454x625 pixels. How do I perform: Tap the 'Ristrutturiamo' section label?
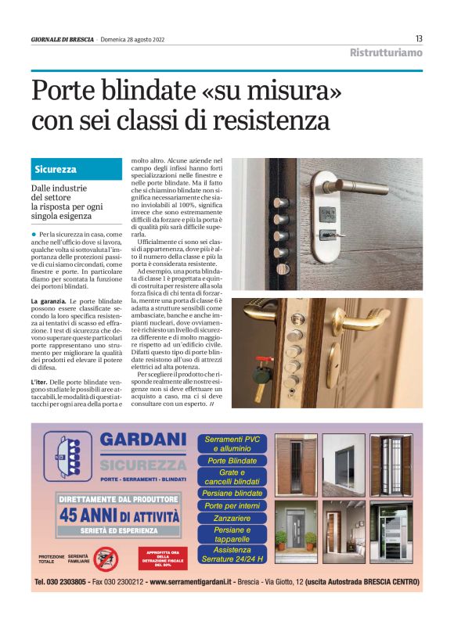(387, 53)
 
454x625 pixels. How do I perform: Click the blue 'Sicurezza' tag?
(56, 169)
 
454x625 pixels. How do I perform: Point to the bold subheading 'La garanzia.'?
(49, 300)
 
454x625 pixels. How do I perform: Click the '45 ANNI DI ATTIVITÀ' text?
(118, 515)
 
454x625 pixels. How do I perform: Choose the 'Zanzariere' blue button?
(232, 519)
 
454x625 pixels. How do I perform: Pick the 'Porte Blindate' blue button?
(232, 461)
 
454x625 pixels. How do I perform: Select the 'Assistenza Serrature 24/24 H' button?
(232, 555)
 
